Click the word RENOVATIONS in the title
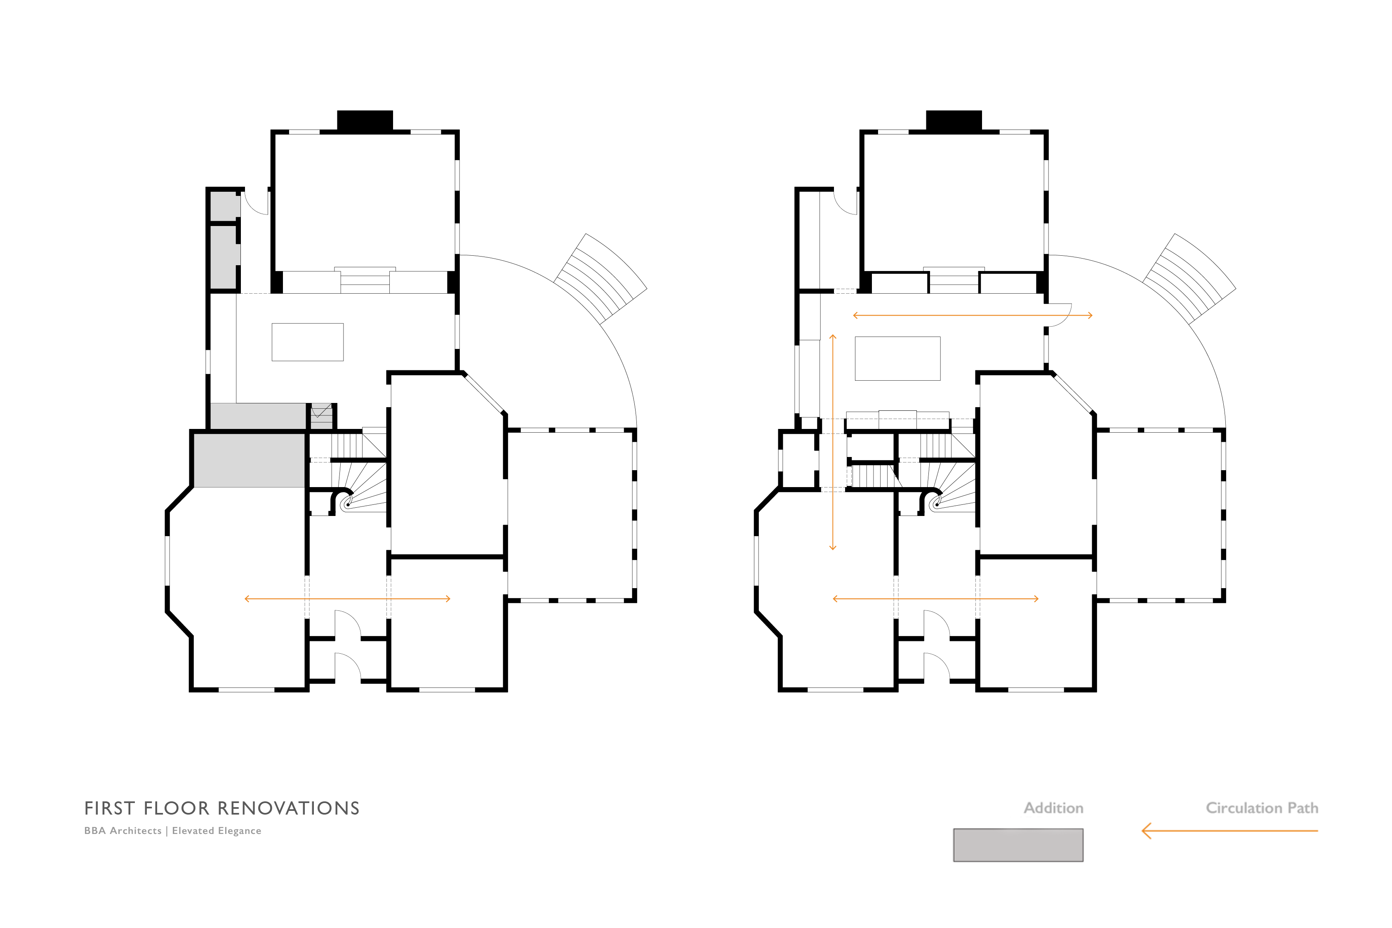click(x=289, y=808)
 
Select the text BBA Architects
click(x=122, y=831)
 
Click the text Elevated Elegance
click(x=217, y=831)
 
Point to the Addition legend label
click(x=1053, y=808)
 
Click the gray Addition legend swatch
click(x=1018, y=845)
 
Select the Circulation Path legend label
click(x=1262, y=808)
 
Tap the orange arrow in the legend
click(x=1230, y=831)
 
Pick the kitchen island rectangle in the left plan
click(x=308, y=342)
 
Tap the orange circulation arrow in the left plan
click(x=347, y=599)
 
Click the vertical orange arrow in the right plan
click(x=833, y=442)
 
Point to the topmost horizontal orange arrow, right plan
click(x=973, y=316)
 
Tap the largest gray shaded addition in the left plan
click(x=249, y=460)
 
